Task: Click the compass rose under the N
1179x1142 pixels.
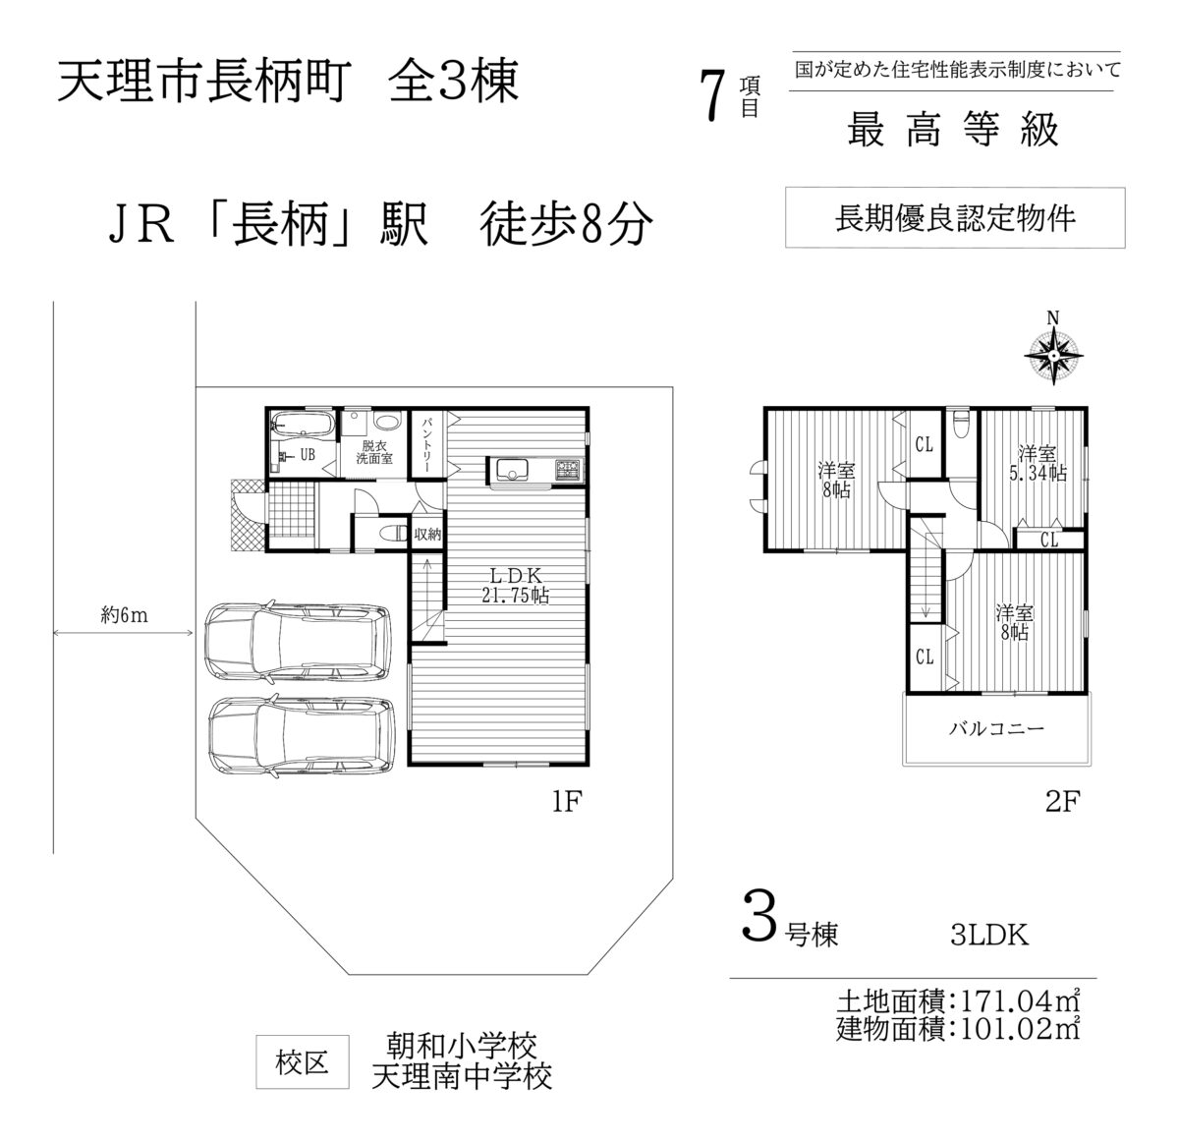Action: pyautogui.click(x=1053, y=356)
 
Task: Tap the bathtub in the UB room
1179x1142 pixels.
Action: pyautogui.click(x=303, y=424)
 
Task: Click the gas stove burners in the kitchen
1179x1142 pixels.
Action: pyautogui.click(x=568, y=469)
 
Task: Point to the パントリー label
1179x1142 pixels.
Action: pyautogui.click(x=427, y=443)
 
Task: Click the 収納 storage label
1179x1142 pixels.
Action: pyautogui.click(x=427, y=534)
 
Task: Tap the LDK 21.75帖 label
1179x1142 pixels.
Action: pyautogui.click(x=516, y=585)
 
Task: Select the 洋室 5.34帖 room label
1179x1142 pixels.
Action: pyautogui.click(x=1038, y=463)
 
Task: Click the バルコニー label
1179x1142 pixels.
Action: pyautogui.click(x=996, y=728)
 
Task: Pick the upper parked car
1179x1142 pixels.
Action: pyautogui.click(x=298, y=642)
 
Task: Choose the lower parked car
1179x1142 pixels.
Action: pyautogui.click(x=301, y=736)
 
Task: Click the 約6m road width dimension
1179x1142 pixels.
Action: pyautogui.click(x=124, y=616)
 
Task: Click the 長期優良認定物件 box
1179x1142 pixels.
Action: pyautogui.click(x=955, y=217)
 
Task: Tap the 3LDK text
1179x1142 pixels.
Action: pyautogui.click(x=989, y=936)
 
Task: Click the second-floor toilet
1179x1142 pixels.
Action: pyautogui.click(x=960, y=424)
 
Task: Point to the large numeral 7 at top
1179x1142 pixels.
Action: pyautogui.click(x=712, y=94)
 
